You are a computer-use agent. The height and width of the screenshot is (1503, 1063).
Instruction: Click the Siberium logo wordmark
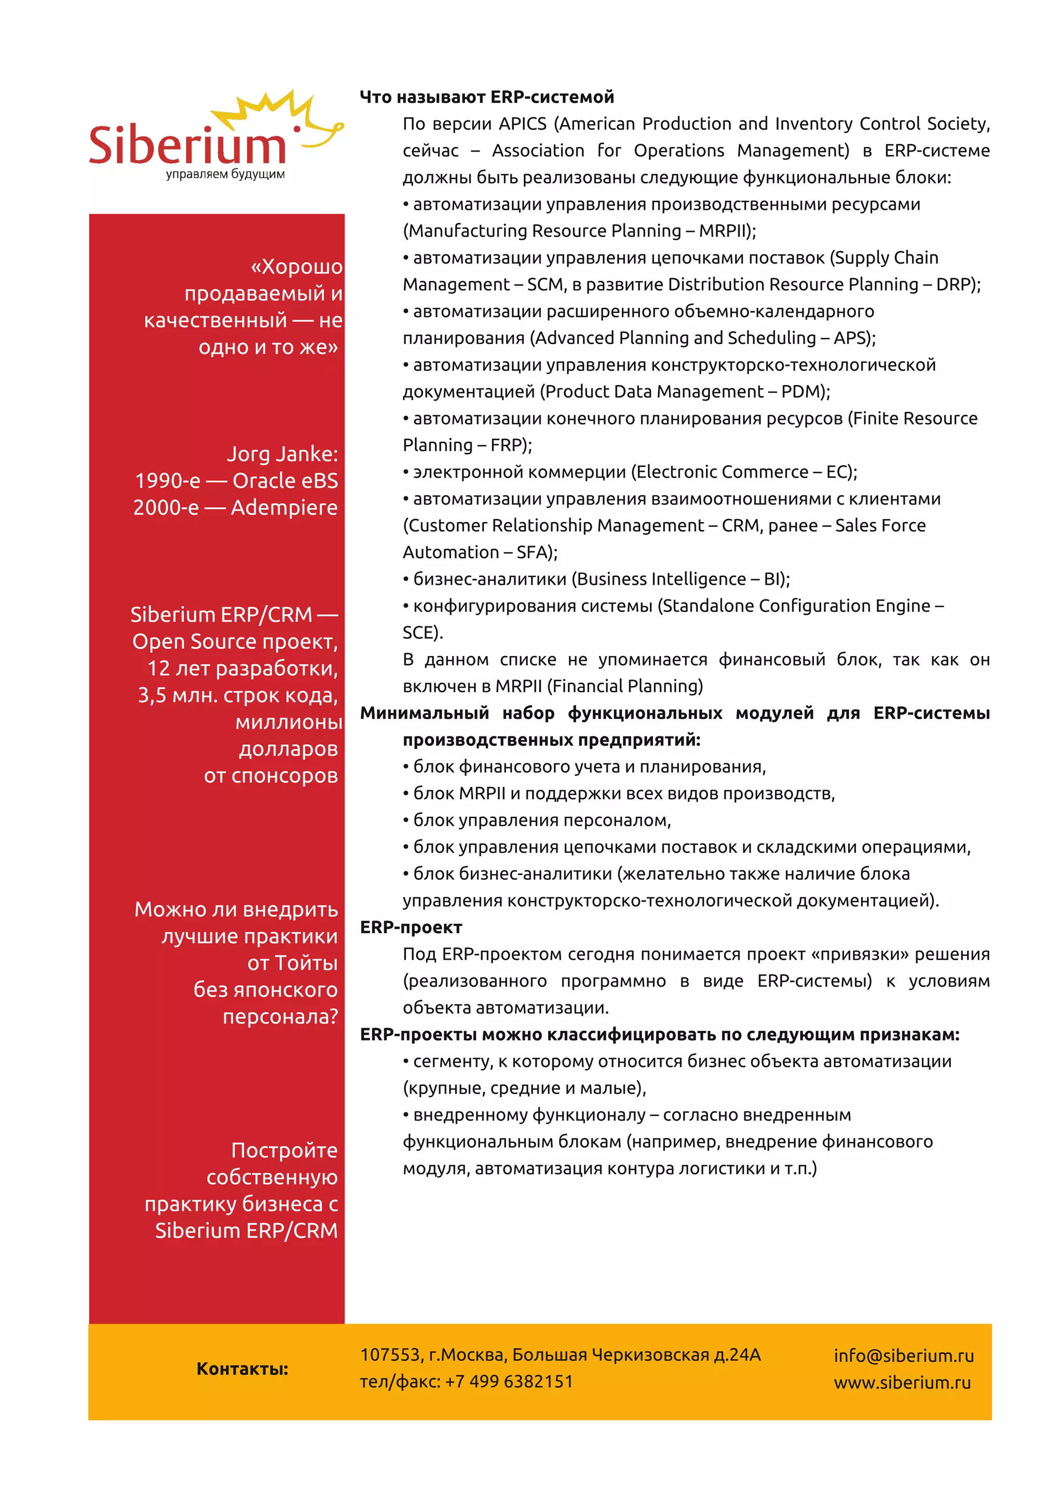188,145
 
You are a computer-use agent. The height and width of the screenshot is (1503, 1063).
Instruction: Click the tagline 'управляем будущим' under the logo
225,174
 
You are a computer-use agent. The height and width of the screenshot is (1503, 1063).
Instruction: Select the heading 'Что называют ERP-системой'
487,98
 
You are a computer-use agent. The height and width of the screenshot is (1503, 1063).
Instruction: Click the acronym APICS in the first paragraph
522,124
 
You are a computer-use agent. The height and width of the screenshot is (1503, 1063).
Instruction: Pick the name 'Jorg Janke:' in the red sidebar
282,454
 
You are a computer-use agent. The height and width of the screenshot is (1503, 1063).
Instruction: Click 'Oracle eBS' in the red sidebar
285,481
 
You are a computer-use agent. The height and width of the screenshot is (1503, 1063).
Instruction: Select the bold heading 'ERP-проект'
411,927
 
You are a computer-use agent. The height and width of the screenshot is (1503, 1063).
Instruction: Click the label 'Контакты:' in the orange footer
242,1369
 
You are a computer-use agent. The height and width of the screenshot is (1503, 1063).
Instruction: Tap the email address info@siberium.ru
903,1356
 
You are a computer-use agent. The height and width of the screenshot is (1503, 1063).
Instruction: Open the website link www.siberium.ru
902,1383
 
